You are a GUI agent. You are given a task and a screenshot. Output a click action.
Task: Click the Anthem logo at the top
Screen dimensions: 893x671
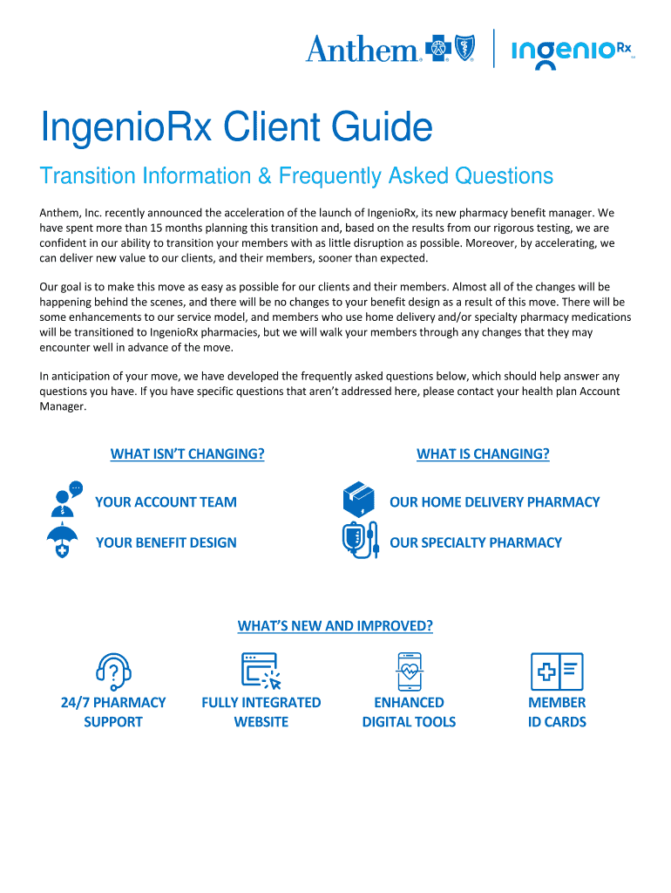coord(390,49)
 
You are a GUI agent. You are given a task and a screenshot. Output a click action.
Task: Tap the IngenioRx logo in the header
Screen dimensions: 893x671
coord(572,51)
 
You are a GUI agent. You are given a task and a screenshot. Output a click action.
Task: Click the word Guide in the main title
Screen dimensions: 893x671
coord(384,129)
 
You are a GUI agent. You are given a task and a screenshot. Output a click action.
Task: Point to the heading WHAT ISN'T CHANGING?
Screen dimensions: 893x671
coord(187,453)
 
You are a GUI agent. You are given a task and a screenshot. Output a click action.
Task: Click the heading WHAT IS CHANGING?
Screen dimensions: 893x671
coord(483,453)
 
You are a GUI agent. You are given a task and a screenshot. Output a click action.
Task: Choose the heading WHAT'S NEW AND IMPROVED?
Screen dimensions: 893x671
coord(335,626)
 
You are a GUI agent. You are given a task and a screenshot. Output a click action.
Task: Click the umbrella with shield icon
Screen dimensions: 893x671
coord(62,542)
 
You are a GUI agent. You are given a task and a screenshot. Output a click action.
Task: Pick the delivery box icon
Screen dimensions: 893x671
coord(359,500)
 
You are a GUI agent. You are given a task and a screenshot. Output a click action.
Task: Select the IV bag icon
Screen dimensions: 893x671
coord(359,541)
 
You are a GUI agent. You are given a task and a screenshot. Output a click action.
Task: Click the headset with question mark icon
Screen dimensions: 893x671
coord(113,672)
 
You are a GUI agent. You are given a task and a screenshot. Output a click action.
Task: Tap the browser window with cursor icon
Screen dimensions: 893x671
coord(261,672)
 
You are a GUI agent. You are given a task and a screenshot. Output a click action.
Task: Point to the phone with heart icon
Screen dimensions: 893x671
coord(409,672)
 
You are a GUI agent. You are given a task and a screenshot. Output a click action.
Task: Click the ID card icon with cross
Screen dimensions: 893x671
coord(557,672)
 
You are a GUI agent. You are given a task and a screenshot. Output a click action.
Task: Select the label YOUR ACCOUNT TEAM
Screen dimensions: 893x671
coord(166,501)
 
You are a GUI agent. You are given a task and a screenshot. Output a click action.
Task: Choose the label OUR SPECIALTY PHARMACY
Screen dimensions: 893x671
coord(476,542)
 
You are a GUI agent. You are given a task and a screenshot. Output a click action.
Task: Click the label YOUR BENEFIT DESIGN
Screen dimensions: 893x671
coord(166,542)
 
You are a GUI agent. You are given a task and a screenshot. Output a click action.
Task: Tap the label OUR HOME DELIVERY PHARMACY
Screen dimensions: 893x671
coord(495,501)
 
